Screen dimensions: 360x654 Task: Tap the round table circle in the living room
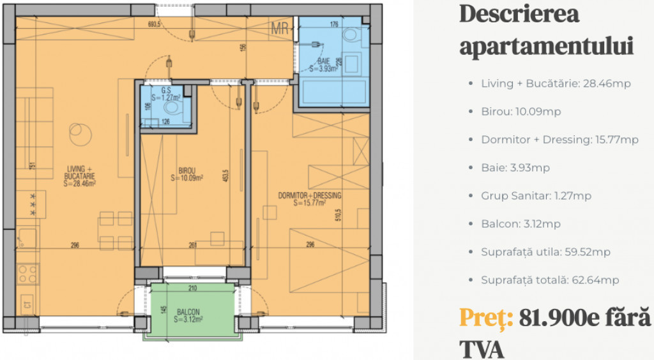(78, 134)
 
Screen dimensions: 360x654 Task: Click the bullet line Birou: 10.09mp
(521, 112)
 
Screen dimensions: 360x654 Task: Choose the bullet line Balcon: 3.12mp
(521, 224)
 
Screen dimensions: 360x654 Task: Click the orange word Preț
(486, 317)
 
